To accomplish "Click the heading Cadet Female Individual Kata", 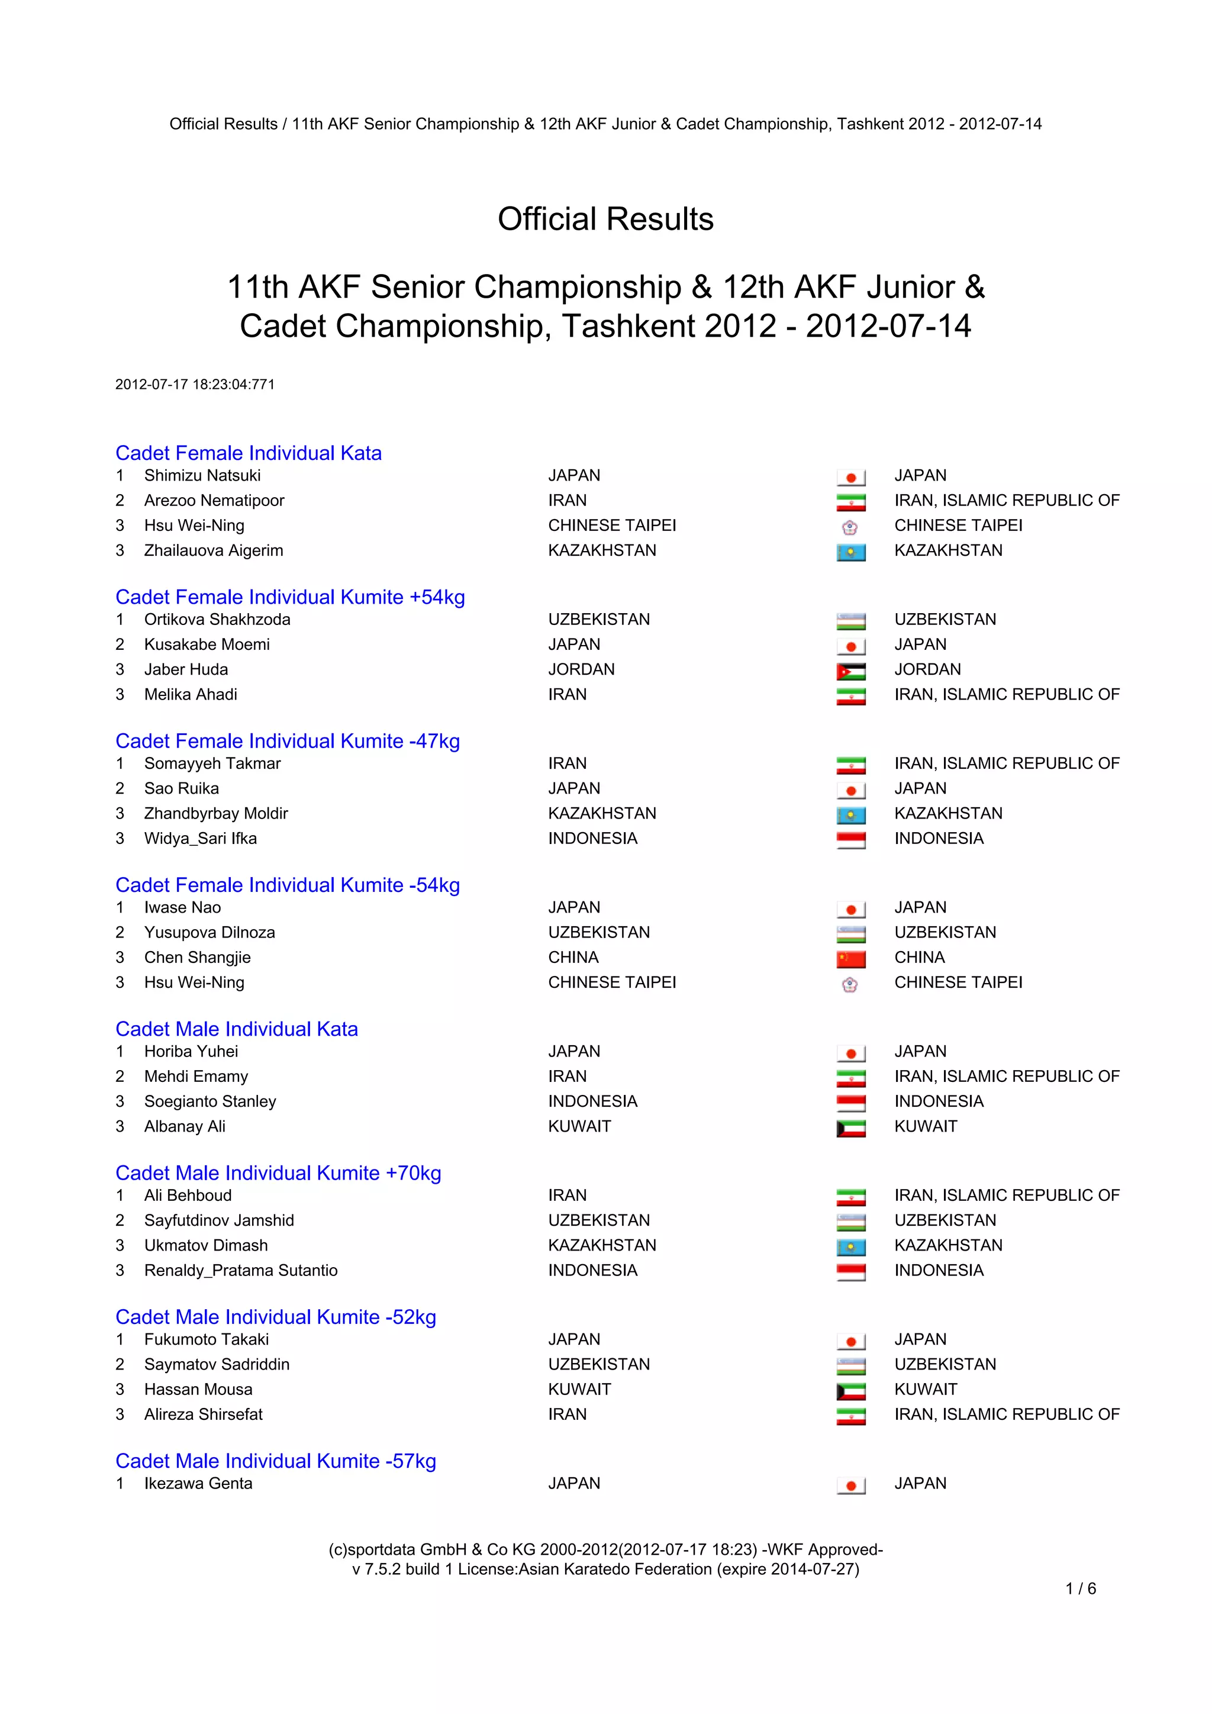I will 249,453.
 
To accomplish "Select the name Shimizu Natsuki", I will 202,475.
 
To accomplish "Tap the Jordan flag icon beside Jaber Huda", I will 851,671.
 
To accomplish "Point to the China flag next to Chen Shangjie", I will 851,959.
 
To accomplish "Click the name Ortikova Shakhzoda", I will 217,620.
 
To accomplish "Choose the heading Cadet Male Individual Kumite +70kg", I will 278,1173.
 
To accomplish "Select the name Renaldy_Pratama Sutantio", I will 240,1270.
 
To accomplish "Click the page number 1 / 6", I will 1081,1589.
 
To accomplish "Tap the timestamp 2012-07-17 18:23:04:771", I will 195,385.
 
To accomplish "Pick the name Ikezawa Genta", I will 198,1483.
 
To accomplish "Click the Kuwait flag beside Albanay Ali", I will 851,1128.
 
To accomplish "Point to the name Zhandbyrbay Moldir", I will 215,814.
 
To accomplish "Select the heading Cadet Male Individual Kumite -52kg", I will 275,1317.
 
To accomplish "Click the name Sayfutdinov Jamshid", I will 218,1220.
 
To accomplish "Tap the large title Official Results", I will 605,220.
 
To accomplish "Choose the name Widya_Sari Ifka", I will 200,838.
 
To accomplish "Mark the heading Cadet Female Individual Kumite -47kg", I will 288,741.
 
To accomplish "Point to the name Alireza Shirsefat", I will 203,1414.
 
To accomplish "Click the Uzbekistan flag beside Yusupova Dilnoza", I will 851,934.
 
